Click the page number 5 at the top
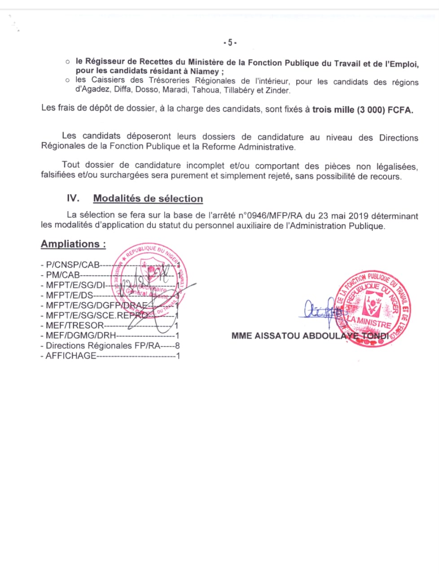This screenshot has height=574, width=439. [230, 43]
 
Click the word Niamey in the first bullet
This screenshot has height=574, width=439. [204, 71]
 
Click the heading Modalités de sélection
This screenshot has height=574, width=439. [148, 198]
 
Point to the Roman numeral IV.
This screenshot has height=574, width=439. [73, 198]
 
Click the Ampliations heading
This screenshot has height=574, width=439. [73, 244]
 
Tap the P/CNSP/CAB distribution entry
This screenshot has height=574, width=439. [72, 265]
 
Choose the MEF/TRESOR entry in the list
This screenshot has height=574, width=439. [74, 326]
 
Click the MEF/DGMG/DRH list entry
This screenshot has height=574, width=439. [80, 335]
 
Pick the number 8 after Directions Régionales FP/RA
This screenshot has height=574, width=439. [177, 346]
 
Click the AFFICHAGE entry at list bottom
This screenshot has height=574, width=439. [70, 356]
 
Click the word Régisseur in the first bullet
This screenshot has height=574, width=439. [106, 62]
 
